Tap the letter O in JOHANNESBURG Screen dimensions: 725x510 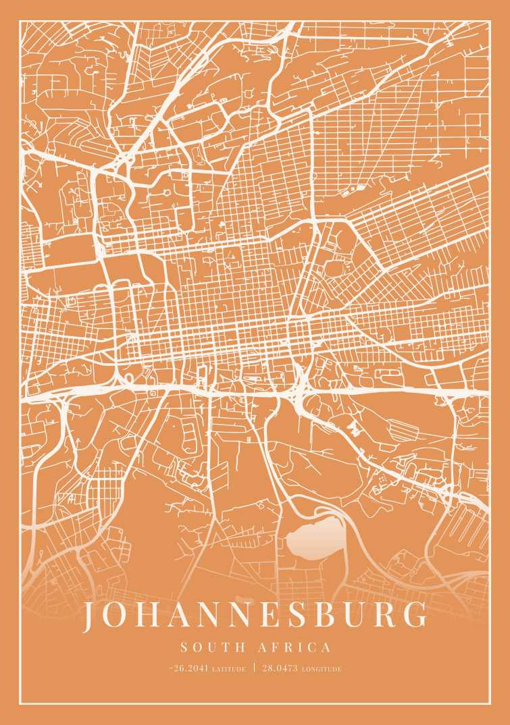tap(119, 615)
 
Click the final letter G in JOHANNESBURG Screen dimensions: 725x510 tap(419, 615)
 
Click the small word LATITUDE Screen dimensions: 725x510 tap(228, 670)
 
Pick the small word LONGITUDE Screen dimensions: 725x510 tap(322, 670)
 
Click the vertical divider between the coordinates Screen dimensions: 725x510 tap(254, 668)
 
